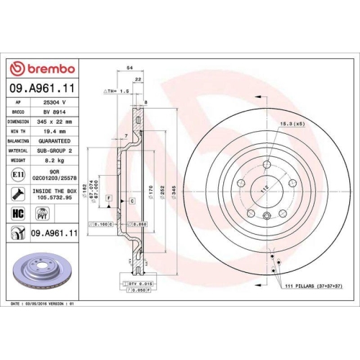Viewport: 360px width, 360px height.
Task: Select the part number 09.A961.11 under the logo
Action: pos(43,89)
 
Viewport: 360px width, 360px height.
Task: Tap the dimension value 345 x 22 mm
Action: pos(58,122)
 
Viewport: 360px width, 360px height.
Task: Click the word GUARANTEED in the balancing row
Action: pos(58,143)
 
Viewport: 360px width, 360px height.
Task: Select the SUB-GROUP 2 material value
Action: pos(58,152)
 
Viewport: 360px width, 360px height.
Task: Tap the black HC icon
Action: pos(17,214)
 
